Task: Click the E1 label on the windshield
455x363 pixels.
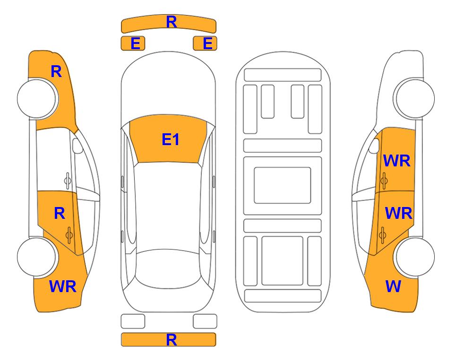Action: coord(171,139)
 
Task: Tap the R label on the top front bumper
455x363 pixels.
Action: coord(172,22)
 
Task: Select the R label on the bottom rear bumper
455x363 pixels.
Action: coord(172,340)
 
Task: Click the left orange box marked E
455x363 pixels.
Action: coord(133,43)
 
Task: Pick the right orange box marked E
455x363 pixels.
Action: coord(205,43)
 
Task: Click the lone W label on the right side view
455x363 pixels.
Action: coord(393,286)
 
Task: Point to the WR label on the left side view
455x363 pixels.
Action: coord(63,286)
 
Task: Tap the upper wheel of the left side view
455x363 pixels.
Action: coord(37,98)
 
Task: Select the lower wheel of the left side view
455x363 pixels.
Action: coord(37,257)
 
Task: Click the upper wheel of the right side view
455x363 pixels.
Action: coord(414,98)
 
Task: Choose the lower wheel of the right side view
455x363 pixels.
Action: coord(414,257)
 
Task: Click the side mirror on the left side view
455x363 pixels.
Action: coord(77,146)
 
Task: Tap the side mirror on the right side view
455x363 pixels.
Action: coord(374,146)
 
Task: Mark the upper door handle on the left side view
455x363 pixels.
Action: coord(68,181)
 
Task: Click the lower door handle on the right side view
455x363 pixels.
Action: coord(383,235)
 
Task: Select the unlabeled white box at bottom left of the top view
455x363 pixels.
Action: coord(133,321)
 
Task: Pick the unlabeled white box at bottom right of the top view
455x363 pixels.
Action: coord(205,321)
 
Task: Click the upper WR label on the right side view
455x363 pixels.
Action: coord(397,161)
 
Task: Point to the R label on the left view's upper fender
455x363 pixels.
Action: coord(56,71)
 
